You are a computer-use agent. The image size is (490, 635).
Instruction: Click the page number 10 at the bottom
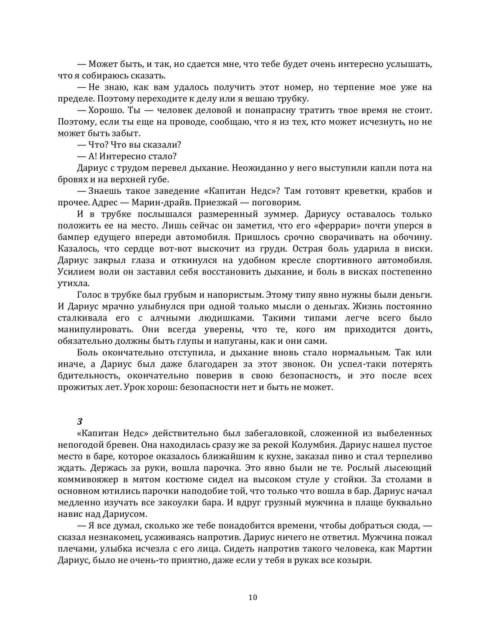click(x=253, y=597)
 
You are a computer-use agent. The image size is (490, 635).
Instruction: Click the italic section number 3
click(x=80, y=421)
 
